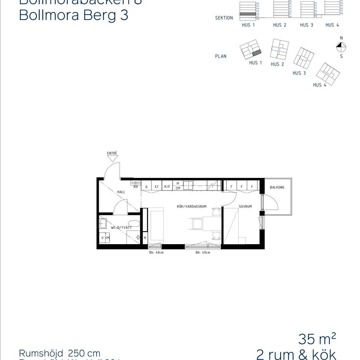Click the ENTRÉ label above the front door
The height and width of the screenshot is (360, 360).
112,153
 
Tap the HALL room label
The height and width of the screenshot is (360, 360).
121,192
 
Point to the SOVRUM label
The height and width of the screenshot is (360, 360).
245,207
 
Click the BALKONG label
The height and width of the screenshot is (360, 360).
277,187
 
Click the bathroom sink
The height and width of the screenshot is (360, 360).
103,224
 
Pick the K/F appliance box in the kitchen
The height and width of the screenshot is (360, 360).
167,187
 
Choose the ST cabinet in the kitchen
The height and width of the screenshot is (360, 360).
157,187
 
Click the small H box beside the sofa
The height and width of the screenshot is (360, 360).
145,238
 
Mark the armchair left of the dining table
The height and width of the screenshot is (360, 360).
195,224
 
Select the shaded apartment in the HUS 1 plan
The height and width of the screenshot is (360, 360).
257,52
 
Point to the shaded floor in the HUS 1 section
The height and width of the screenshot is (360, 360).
247,14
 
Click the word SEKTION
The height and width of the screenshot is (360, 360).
224,18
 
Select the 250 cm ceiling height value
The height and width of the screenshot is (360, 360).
84,353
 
